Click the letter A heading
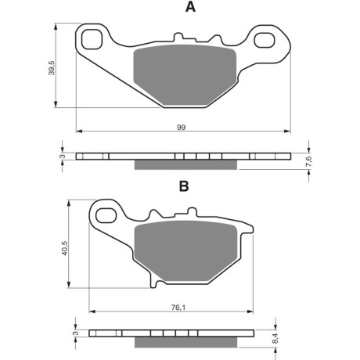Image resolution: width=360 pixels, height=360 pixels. pyautogui.click(x=190, y=7)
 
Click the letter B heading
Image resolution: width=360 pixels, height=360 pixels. pyautogui.click(x=184, y=186)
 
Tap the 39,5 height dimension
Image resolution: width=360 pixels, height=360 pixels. pyautogui.click(x=52, y=68)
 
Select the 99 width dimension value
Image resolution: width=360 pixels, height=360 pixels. pyautogui.click(x=182, y=128)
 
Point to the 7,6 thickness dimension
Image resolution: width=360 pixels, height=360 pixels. pyautogui.click(x=308, y=161)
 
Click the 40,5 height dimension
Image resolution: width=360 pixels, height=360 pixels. pyautogui.click(x=64, y=248)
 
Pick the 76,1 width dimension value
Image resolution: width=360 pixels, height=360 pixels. pyautogui.click(x=178, y=308)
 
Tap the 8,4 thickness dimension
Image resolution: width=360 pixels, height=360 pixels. pyautogui.click(x=276, y=338)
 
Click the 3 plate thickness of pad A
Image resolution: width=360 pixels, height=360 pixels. pyautogui.click(x=62, y=157)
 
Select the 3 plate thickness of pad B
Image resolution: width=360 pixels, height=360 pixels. pyautogui.click(x=76, y=333)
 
